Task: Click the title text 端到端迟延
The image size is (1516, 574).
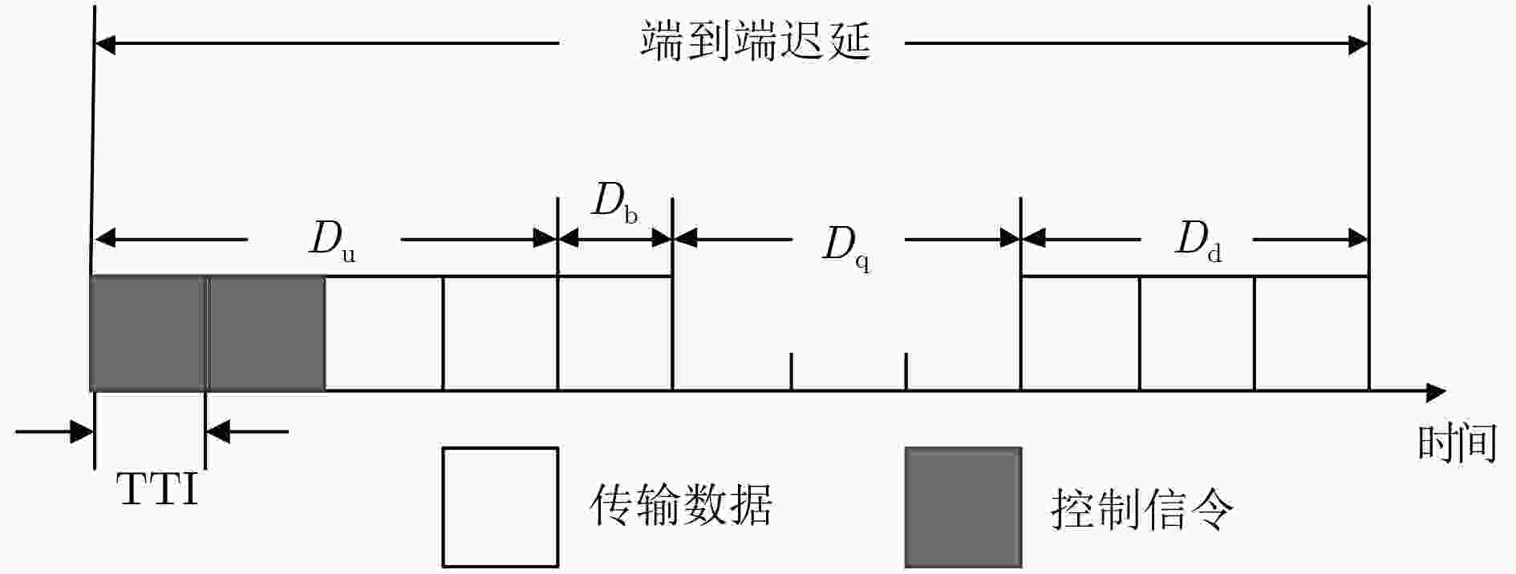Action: click(755, 41)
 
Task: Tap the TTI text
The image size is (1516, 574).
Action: click(158, 489)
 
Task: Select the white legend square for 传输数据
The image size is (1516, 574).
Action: click(501, 507)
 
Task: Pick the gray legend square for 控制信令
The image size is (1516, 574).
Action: click(963, 507)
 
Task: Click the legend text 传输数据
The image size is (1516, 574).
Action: click(681, 505)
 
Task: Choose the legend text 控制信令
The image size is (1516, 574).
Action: click(1142, 507)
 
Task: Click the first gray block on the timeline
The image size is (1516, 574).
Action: click(149, 333)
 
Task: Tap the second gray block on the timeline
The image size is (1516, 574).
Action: click(266, 333)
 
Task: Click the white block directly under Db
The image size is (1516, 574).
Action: click(614, 333)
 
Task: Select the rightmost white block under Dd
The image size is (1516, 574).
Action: click(1311, 333)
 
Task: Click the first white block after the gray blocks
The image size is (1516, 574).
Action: click(383, 333)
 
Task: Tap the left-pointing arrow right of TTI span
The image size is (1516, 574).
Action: click(247, 432)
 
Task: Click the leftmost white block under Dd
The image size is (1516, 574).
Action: click(1080, 333)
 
